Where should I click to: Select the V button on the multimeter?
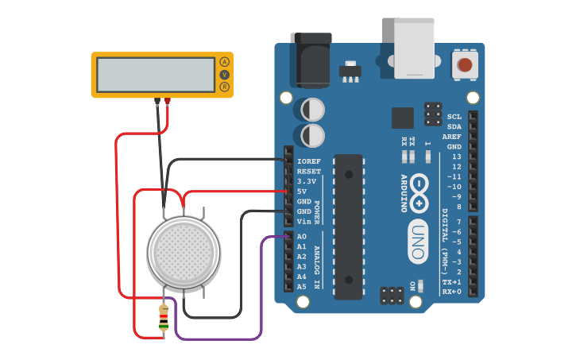[x=224, y=75]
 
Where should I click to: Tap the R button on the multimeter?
[x=224, y=87]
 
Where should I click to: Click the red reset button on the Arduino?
[x=464, y=64]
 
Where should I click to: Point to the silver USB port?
[x=414, y=48]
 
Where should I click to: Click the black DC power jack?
[x=311, y=59]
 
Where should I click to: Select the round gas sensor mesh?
[x=184, y=252]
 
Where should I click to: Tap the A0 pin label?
[x=302, y=237]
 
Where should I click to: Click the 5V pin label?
[x=302, y=192]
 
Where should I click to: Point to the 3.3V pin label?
[x=307, y=181]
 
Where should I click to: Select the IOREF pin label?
[x=309, y=161]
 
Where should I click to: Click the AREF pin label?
[x=452, y=137]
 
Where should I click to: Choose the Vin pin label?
[x=303, y=222]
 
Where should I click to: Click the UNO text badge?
[x=418, y=241]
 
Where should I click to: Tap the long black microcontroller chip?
[x=348, y=226]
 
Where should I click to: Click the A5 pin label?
[x=302, y=287]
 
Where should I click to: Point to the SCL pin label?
[x=454, y=117]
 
